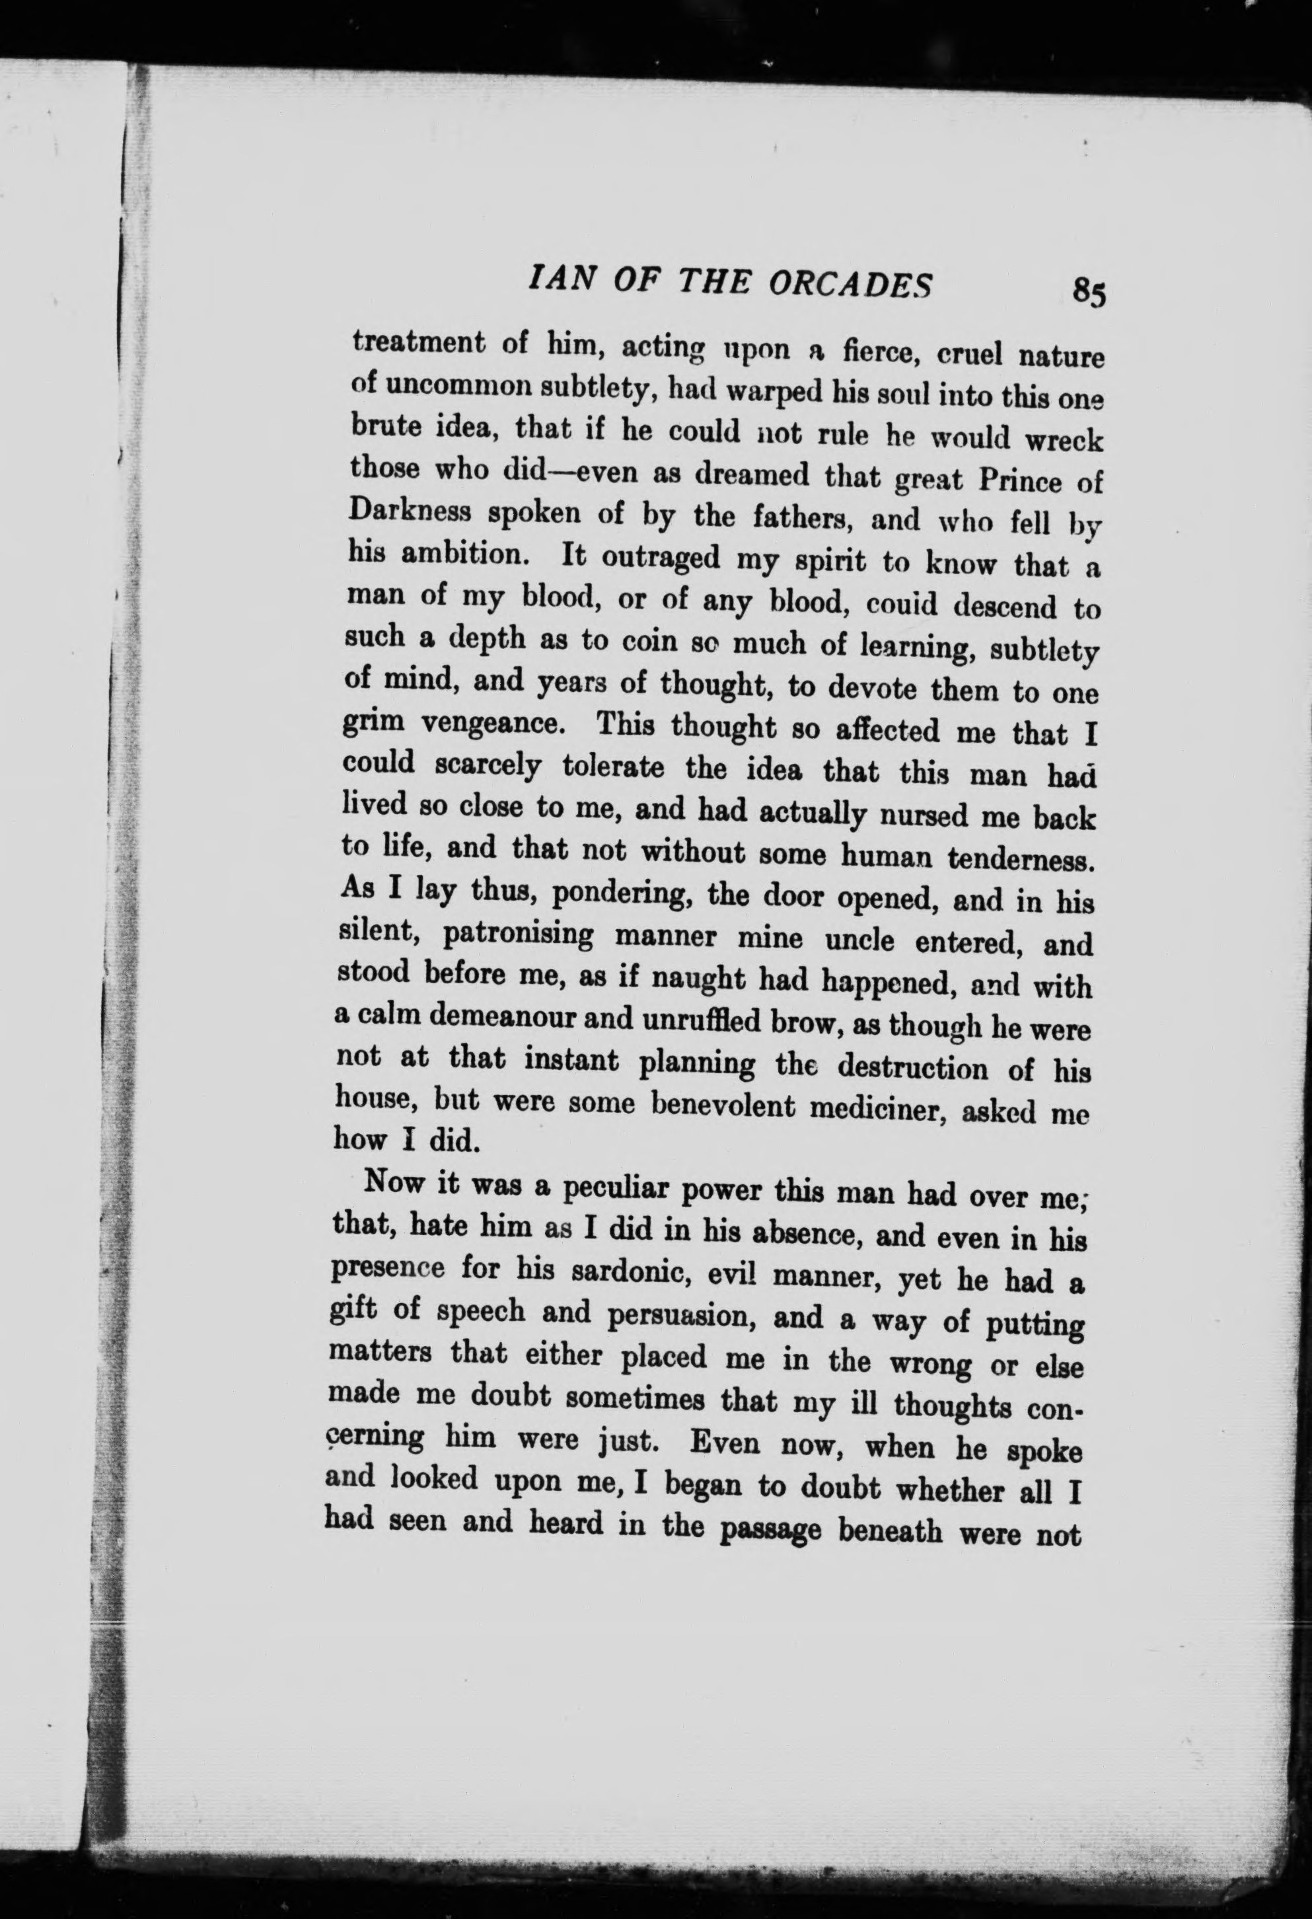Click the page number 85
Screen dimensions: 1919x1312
point(1088,292)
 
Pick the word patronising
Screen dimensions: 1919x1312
point(518,935)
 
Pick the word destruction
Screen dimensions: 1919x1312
point(912,1068)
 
